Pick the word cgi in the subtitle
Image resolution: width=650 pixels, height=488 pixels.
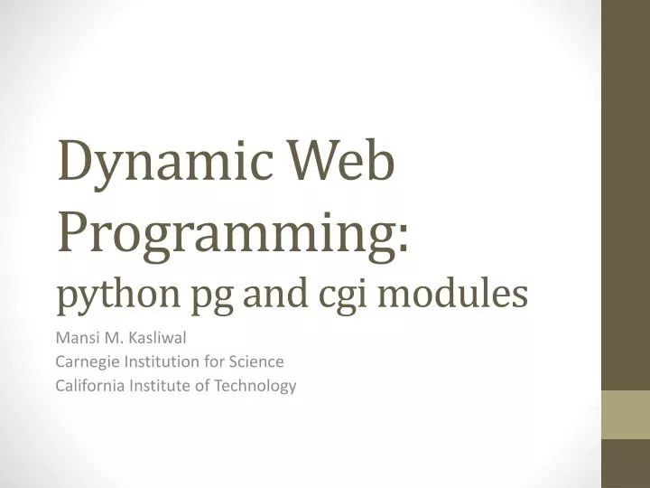coord(340,295)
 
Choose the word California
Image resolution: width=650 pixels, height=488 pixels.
coord(89,385)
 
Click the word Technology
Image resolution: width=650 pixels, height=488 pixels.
coord(256,385)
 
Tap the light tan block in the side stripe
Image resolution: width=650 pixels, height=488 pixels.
coord(626,414)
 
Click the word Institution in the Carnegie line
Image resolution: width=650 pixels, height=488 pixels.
coord(162,362)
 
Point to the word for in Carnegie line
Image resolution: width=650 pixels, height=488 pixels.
coord(213,362)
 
